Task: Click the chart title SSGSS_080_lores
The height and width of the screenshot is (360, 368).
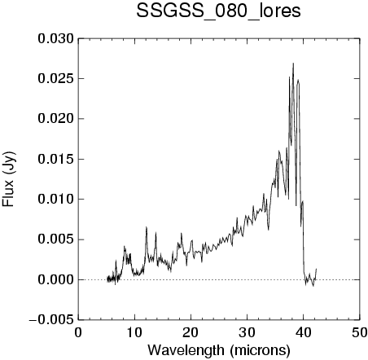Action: [x=218, y=11]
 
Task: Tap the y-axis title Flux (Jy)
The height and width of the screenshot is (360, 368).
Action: [x=8, y=179]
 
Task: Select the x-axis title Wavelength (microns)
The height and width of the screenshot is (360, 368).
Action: [x=219, y=350]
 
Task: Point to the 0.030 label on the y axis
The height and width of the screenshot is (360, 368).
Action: [x=55, y=39]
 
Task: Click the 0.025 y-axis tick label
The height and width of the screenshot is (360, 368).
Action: [x=55, y=79]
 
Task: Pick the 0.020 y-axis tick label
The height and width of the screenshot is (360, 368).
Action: [x=55, y=119]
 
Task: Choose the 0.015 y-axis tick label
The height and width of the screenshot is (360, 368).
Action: [x=55, y=159]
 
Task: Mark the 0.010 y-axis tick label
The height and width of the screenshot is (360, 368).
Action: [x=55, y=200]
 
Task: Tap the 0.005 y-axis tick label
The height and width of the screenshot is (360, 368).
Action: [x=55, y=239]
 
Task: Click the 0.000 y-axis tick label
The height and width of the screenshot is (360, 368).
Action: [x=55, y=279]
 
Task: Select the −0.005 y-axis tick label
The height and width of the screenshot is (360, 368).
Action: [x=51, y=320]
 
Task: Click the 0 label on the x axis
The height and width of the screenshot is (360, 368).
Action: [x=78, y=333]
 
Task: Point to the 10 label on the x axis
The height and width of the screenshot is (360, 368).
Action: [x=134, y=333]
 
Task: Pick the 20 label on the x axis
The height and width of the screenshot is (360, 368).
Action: [x=191, y=333]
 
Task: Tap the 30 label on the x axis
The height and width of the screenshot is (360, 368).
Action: [x=247, y=333]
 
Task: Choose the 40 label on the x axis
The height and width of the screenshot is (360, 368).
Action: [x=304, y=333]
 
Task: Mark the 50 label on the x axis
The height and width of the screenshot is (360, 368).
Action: [x=360, y=333]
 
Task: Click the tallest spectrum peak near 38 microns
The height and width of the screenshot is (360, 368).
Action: [x=293, y=64]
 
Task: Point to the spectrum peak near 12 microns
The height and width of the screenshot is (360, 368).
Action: [x=147, y=227]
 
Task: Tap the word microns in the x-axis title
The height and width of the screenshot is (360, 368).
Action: [x=261, y=350]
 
